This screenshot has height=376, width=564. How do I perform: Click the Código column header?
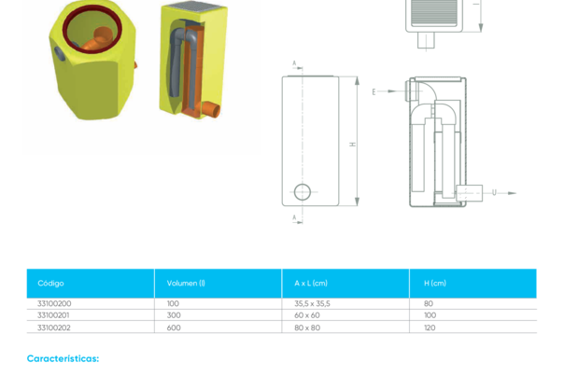50,283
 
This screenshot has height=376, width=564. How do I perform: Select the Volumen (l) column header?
186,283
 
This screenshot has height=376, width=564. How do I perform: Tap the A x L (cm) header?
311,283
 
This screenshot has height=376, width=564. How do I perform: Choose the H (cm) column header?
435,283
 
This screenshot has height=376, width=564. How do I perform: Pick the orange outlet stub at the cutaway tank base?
212,111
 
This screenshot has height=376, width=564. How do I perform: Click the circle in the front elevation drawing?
302,191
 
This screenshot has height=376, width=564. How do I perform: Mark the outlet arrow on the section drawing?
503,193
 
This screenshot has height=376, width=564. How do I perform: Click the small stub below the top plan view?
426,41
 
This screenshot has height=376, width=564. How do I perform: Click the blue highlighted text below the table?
62,358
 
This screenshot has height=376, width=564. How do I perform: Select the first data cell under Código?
53,303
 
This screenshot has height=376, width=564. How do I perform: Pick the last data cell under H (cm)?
430,327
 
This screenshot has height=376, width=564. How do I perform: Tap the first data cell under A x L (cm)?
312,303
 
